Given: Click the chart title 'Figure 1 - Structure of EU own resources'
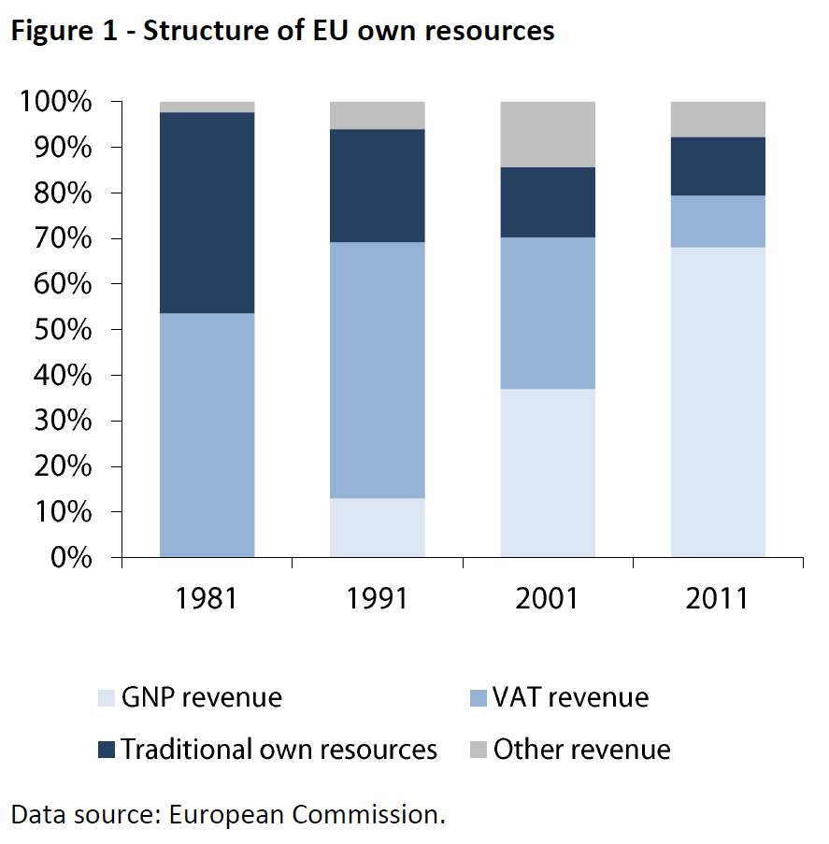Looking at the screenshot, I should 282,31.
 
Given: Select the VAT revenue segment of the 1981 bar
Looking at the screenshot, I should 207,435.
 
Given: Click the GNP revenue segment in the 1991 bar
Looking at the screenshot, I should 378,527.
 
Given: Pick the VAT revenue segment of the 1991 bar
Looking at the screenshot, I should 378,370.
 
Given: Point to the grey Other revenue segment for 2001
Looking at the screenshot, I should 548,134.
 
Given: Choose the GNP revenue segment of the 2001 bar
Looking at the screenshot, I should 548,473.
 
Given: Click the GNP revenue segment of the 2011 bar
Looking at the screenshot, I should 718,402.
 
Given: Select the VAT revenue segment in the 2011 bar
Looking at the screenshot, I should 718,221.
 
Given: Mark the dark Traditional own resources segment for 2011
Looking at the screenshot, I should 718,165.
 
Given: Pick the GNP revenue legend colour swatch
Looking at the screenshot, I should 106,698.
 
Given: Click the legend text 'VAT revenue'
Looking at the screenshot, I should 571,698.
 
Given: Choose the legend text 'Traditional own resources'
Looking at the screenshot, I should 279,750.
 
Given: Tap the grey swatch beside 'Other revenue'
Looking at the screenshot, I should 477,750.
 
